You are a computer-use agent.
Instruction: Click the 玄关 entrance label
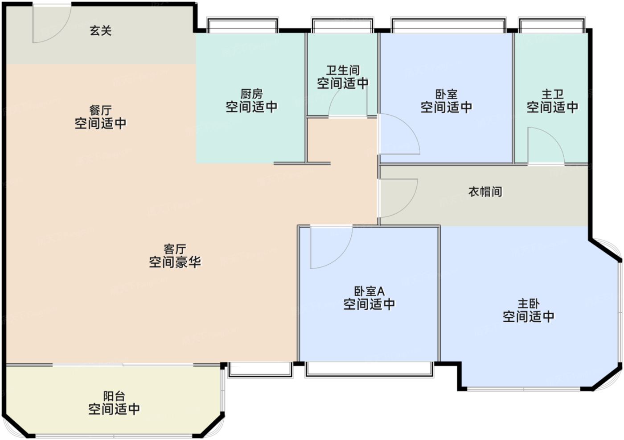click(100, 30)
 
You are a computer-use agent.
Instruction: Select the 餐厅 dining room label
click(100, 117)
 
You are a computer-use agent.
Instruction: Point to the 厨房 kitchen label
click(251, 100)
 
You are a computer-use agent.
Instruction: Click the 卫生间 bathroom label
click(342, 77)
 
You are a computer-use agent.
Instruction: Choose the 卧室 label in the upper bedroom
click(446, 101)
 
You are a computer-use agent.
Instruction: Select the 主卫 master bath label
click(552, 101)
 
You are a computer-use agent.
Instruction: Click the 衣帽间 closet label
click(485, 192)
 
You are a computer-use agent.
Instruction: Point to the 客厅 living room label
click(175, 256)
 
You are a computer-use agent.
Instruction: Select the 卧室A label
click(369, 298)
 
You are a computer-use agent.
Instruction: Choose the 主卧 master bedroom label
click(528, 310)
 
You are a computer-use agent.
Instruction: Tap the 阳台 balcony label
click(114, 403)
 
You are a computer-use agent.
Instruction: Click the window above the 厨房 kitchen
click(243, 25)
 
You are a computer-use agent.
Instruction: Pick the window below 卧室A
click(369, 369)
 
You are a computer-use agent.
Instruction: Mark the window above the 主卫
click(552, 25)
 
